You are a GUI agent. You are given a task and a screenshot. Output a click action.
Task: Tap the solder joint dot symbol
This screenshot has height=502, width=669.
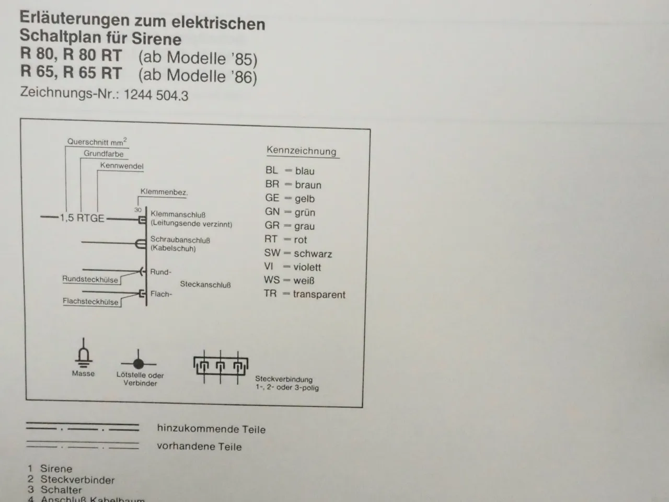click(139, 363)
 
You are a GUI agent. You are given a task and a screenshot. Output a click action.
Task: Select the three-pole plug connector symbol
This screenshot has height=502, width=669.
click(221, 367)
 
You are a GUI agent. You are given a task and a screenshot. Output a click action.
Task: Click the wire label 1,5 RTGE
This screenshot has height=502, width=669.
click(82, 218)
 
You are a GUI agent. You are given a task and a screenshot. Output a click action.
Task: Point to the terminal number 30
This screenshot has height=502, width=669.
click(138, 210)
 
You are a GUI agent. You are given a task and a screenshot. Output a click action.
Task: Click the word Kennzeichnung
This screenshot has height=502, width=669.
click(302, 151)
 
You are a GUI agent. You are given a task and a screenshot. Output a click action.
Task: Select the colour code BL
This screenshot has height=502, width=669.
click(271, 170)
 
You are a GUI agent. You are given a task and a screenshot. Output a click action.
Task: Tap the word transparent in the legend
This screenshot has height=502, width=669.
click(319, 294)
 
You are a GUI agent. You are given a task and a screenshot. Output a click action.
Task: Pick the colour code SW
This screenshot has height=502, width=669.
click(272, 253)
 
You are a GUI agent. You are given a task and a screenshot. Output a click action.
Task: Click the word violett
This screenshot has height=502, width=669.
click(307, 267)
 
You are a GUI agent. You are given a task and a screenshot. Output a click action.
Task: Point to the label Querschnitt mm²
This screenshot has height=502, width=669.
click(97, 142)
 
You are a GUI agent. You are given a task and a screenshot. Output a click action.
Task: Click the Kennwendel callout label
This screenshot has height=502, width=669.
click(122, 166)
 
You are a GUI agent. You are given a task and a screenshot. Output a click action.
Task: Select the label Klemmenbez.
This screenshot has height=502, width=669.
click(164, 192)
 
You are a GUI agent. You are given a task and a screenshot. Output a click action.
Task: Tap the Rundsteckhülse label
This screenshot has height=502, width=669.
click(90, 279)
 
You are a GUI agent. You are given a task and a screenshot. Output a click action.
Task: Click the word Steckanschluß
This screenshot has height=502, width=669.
click(205, 284)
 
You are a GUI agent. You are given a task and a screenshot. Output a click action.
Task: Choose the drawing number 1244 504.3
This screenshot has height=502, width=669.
click(156, 95)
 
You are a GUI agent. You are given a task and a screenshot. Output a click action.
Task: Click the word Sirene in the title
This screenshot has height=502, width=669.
click(157, 39)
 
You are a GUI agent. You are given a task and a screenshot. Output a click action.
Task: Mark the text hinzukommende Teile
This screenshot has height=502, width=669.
click(211, 429)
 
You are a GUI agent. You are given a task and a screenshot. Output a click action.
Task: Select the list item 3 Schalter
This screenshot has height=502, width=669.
click(55, 489)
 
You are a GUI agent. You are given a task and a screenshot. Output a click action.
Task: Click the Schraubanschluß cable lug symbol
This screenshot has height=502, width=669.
click(141, 244)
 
